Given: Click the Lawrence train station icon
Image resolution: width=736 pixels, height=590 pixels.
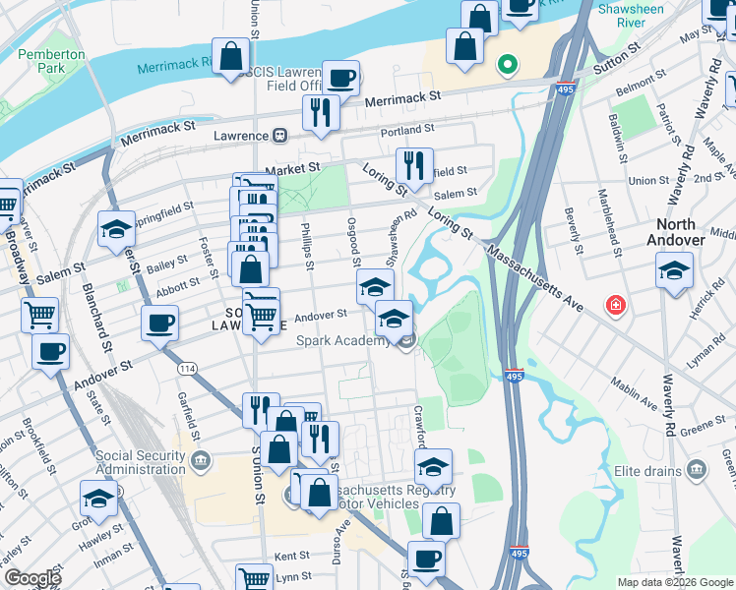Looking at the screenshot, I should pos(280,136).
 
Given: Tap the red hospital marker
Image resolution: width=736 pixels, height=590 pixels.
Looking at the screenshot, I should pos(616,304).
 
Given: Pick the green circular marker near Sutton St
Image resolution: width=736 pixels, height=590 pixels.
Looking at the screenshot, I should pos(508,66).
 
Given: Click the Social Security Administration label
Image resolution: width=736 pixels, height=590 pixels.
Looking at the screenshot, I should pos(140,463).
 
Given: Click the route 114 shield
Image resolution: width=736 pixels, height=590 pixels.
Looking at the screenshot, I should pos(186,368).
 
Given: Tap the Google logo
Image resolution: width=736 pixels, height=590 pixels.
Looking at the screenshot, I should pos(32,577).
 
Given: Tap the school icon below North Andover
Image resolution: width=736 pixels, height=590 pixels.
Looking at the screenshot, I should pos(674,271).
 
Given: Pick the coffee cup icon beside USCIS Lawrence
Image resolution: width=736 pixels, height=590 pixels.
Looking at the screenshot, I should pos(341,79).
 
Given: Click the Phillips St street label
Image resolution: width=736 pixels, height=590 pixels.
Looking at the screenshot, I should pos(308,243).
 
